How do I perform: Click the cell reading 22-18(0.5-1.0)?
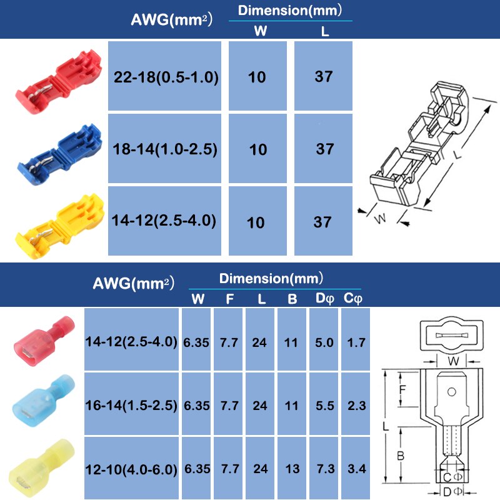(166, 77)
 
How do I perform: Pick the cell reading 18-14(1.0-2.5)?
(166, 149)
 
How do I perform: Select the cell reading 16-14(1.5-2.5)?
(131, 406)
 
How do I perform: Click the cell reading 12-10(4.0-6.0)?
(131, 469)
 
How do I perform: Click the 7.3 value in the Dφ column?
(324, 469)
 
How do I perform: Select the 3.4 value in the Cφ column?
(356, 469)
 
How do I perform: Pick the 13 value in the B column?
(292, 469)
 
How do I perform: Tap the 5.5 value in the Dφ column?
(324, 406)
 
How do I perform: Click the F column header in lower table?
(229, 299)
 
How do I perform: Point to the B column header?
(292, 299)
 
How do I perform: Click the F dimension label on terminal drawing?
(402, 392)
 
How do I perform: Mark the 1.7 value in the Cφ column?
(356, 342)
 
